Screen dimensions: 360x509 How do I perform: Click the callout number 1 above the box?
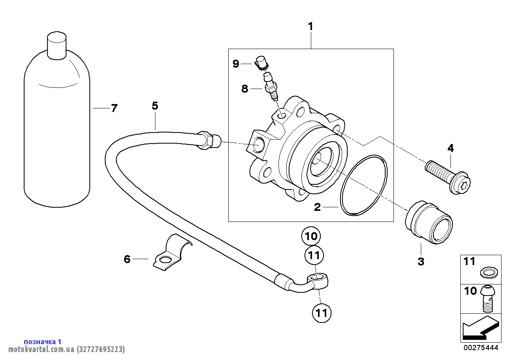pos(310,27)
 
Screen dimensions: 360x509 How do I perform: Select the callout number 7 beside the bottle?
pos(114,108)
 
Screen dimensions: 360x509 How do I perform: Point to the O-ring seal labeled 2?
pos(363,186)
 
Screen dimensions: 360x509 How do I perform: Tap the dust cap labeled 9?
pos(261,63)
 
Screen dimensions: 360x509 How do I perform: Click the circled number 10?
pos(312,237)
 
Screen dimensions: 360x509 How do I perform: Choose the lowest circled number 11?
pos(321,313)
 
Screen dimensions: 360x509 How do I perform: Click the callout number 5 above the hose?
pos(155,106)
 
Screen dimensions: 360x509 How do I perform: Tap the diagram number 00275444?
pos(481,348)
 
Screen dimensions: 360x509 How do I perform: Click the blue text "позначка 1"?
pos(43,341)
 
